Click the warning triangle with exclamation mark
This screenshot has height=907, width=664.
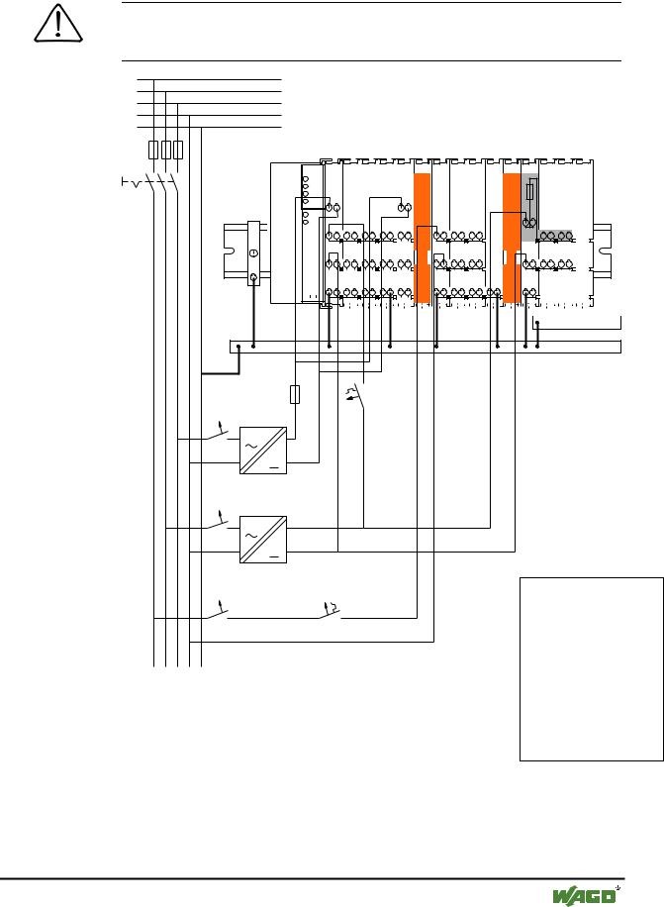click(58, 25)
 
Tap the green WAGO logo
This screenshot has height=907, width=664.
click(584, 895)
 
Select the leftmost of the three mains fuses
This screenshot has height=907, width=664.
click(153, 150)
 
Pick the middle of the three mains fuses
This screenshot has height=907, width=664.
click(166, 150)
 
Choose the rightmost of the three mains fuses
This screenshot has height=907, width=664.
click(178, 150)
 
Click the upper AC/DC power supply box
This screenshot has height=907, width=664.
click(263, 451)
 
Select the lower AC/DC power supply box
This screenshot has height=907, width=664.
click(263, 540)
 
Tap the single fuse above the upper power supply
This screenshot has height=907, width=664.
click(295, 394)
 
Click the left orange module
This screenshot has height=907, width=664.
click(423, 238)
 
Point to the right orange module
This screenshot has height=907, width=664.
click(512, 238)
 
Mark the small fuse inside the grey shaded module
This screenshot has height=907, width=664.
click(530, 192)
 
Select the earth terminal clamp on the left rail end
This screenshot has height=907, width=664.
click(253, 253)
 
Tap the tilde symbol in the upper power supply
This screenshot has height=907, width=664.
click(251, 446)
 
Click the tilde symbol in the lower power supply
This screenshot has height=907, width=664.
click(251, 535)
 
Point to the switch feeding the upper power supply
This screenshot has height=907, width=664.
click(218, 434)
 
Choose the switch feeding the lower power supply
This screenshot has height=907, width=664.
click(218, 523)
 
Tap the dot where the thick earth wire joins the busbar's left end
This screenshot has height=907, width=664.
click(238, 347)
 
